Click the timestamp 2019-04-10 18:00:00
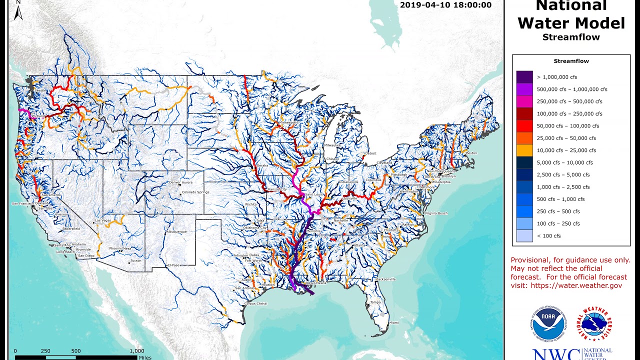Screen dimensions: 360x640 (x=446, y=5)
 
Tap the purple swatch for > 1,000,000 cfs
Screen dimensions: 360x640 (x=524, y=77)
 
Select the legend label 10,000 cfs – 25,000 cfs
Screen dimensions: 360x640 (x=566, y=150)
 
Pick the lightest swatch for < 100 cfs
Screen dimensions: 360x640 (x=524, y=235)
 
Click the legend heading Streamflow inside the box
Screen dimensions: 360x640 (x=571, y=61)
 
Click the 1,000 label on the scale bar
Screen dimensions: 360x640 (x=136, y=351)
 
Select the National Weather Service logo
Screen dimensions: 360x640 (x=594, y=325)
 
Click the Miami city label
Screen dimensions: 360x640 (x=394, y=323)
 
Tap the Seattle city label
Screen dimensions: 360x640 (x=40, y=90)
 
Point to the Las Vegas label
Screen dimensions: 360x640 (x=103, y=220)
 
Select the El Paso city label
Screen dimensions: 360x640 (x=173, y=264)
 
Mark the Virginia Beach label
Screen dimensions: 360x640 (x=436, y=213)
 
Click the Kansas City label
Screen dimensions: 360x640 (x=277, y=189)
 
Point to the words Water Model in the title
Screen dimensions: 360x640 (x=571, y=23)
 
